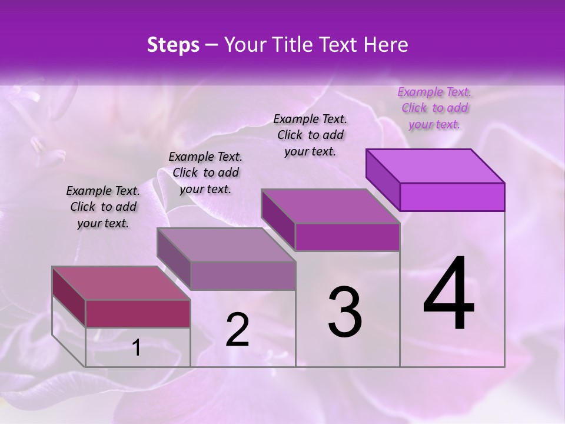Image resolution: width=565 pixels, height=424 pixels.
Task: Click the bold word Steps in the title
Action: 173,45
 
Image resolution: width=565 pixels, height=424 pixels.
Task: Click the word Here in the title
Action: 386,45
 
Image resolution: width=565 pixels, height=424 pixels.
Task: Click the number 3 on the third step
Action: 345,312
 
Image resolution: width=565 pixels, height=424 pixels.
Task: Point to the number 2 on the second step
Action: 237,330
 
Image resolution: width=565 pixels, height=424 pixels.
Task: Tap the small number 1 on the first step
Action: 137,347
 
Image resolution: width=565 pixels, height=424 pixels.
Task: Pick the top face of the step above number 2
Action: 226,245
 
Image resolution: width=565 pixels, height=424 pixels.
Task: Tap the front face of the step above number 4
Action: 452,197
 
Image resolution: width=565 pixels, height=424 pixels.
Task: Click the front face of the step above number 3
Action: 347,237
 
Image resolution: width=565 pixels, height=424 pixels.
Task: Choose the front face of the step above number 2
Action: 243,276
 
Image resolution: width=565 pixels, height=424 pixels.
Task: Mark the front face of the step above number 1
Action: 138,313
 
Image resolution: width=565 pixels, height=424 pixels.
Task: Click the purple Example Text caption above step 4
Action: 434,108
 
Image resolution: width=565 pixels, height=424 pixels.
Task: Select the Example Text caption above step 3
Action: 310,135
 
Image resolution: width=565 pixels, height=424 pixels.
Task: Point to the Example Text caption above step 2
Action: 205,173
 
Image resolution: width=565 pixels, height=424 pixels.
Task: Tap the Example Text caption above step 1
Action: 103,207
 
